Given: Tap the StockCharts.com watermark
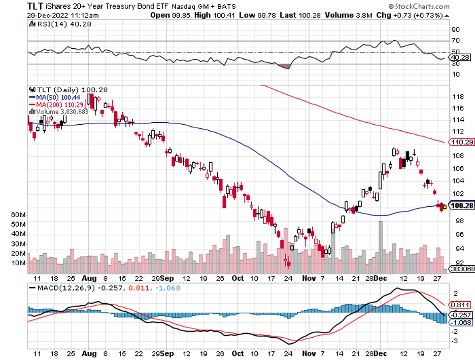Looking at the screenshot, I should coord(418,7).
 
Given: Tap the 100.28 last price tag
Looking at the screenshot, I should coord(461,205).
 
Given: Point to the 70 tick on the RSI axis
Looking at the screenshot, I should coord(455,41).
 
